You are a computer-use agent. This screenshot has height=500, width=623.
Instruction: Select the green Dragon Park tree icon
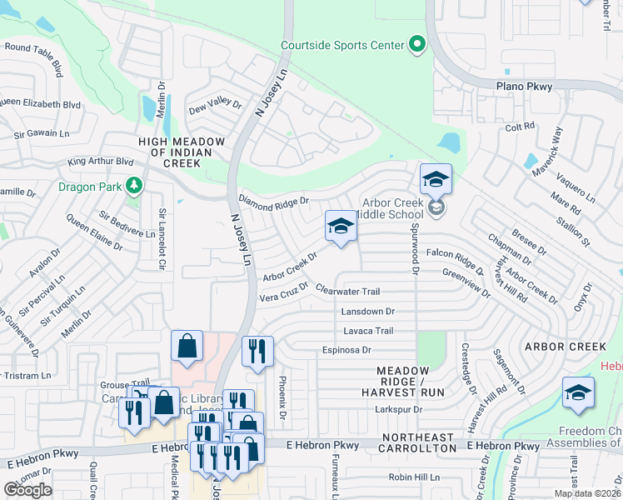click(132, 186)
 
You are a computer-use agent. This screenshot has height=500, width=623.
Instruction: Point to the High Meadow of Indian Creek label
click(176, 152)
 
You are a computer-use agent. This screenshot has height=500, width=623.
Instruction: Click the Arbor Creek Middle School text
click(391, 208)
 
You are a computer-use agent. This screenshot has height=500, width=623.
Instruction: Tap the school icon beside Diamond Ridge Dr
click(340, 227)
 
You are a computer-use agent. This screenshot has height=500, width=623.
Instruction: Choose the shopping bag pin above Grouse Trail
click(187, 347)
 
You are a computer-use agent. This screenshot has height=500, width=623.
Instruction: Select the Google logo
click(27, 489)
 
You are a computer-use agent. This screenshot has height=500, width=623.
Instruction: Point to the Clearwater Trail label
click(348, 291)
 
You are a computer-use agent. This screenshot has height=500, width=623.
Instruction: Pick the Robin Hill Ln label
click(414, 477)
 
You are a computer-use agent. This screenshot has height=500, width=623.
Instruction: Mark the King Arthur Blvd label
click(101, 162)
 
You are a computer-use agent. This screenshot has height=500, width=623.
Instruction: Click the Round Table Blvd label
click(34, 55)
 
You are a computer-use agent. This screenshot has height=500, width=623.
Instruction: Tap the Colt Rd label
click(519, 126)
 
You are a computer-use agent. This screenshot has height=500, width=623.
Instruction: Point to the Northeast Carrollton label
click(418, 443)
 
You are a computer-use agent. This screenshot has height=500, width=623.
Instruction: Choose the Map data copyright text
click(587, 493)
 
